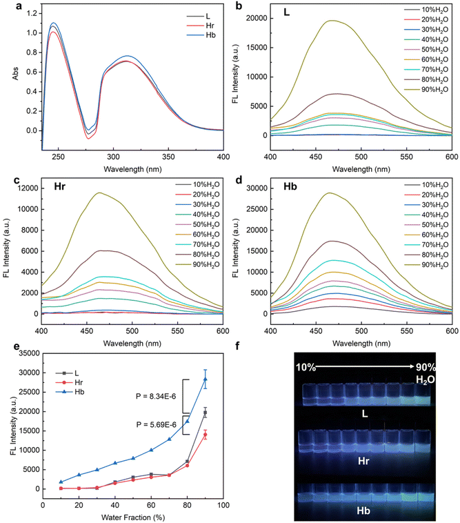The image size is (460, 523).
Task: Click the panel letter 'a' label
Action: point(5,6)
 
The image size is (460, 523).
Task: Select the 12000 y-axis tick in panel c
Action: point(26,188)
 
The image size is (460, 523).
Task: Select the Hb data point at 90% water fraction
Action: point(205,379)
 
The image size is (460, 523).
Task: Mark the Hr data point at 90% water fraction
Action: point(205,435)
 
